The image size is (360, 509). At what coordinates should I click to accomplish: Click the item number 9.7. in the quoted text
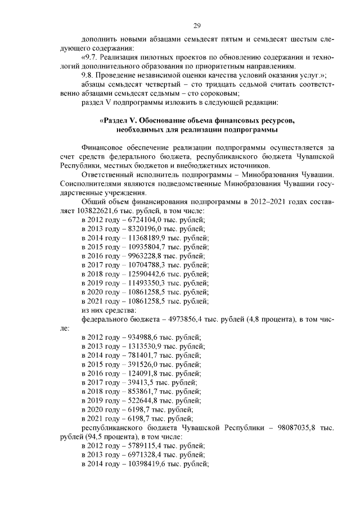(x=92, y=57)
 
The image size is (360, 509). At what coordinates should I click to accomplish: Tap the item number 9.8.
(x=89, y=75)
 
